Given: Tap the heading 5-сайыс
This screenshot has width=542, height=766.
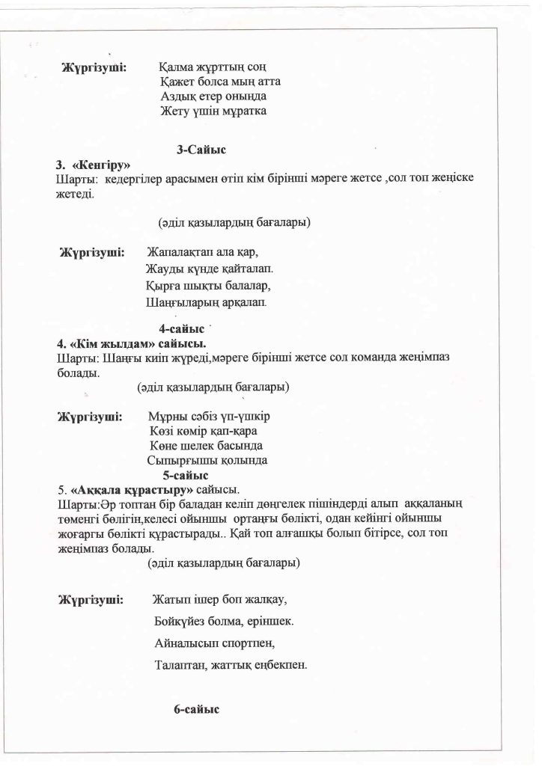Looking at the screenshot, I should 185,475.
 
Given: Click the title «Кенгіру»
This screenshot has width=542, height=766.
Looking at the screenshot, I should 101,165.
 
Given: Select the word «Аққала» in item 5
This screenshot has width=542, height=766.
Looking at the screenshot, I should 94,491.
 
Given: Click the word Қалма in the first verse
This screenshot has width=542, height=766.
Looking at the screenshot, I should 177,67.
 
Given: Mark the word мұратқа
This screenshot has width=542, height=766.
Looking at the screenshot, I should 244,111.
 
